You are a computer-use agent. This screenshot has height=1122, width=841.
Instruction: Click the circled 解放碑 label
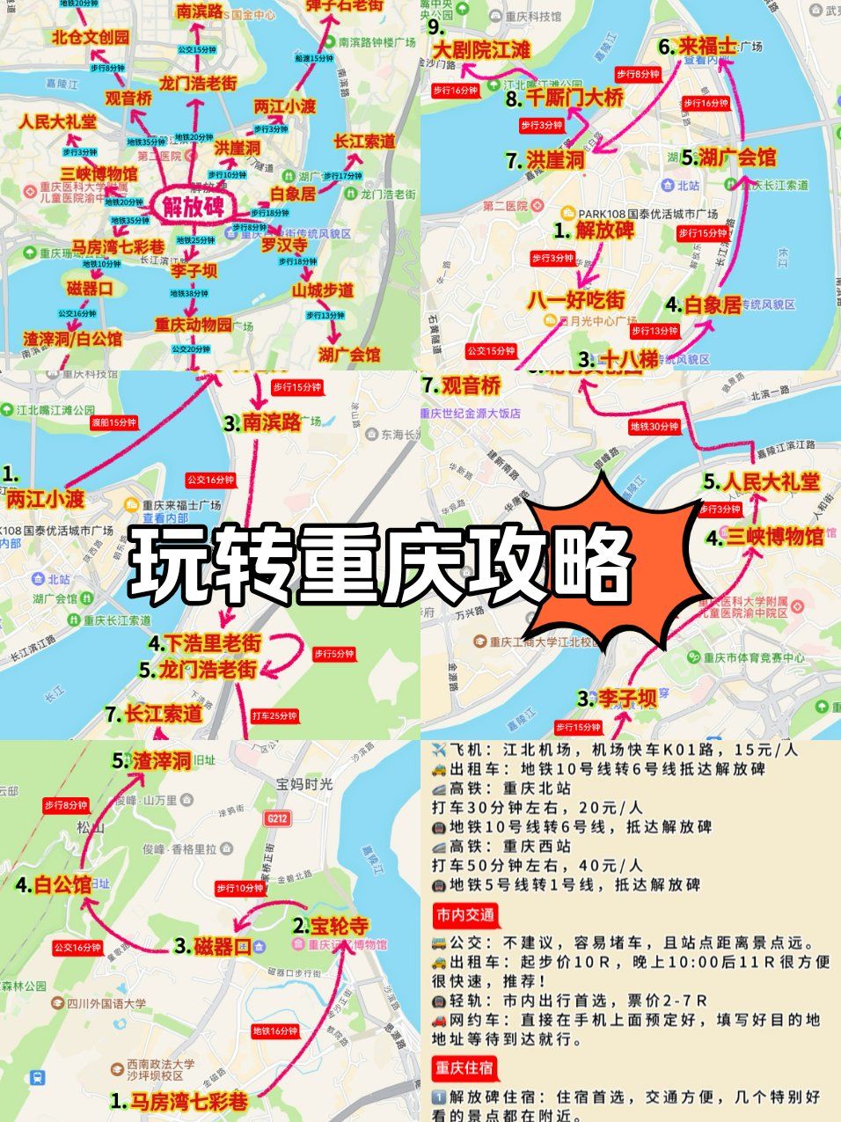click(x=193, y=206)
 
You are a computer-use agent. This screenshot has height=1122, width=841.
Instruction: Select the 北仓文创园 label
click(x=90, y=36)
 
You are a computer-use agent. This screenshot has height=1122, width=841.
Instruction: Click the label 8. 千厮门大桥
click(x=565, y=99)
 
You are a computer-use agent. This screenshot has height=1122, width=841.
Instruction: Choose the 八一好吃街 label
click(x=575, y=300)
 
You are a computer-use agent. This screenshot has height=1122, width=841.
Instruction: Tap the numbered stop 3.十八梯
click(x=618, y=359)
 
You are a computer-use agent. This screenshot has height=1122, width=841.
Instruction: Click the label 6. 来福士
click(x=697, y=46)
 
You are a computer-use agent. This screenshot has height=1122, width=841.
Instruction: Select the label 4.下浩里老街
click(x=204, y=643)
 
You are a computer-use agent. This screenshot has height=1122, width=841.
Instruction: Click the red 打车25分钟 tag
click(x=274, y=715)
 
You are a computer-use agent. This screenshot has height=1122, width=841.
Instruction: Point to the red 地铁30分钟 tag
click(x=654, y=427)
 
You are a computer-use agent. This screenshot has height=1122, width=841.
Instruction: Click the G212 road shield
click(x=276, y=818)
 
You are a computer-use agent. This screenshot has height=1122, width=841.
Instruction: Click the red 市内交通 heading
click(x=464, y=914)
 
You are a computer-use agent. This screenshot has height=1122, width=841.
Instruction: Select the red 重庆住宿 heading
click(x=464, y=1067)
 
